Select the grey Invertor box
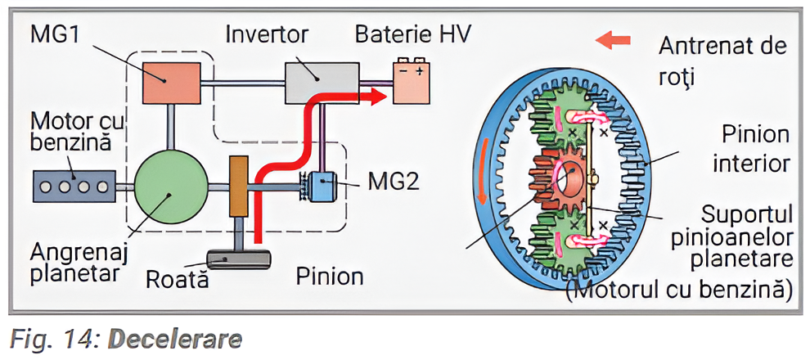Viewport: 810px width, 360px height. [x=322, y=82]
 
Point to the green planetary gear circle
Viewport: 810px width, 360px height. [x=169, y=187]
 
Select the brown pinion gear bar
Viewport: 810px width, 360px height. [x=238, y=187]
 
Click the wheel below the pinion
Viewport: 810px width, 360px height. [x=238, y=260]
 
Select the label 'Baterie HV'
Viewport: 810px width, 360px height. [x=412, y=35]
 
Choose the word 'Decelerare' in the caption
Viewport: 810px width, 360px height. [x=176, y=339]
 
